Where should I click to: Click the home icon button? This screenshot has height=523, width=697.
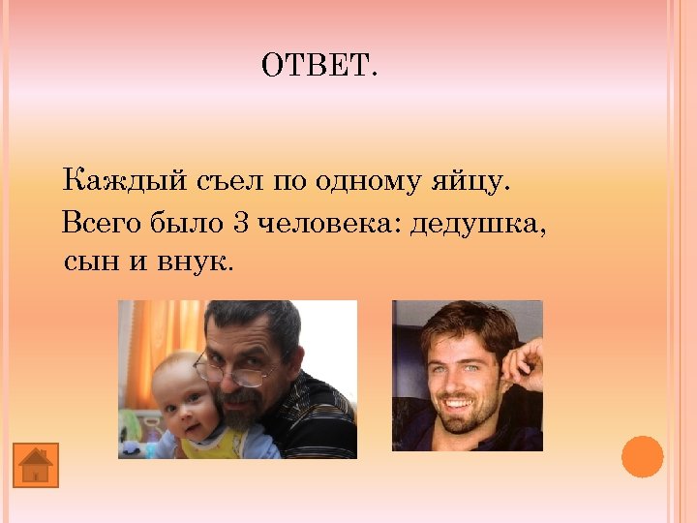click(x=36, y=465)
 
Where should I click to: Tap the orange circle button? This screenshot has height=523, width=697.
click(x=642, y=456)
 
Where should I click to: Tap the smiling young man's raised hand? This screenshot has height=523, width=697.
click(x=523, y=363)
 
